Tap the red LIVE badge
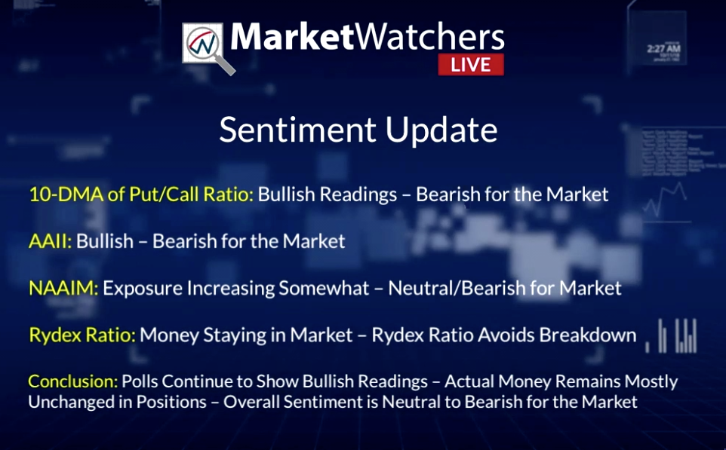click(x=471, y=64)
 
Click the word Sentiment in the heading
click(x=297, y=130)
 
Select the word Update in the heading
click(x=441, y=131)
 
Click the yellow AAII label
click(x=50, y=241)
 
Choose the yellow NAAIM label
click(x=63, y=288)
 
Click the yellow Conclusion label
click(x=73, y=381)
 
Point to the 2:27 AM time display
click(x=663, y=47)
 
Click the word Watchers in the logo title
click(x=430, y=36)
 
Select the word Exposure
click(x=143, y=289)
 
